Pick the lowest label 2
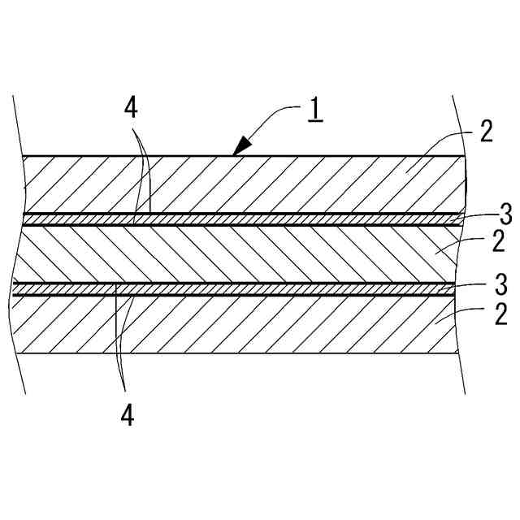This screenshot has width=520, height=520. coord(485,314)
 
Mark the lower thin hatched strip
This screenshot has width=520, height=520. coord(244,288)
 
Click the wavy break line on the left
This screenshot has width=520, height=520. coord(15,244)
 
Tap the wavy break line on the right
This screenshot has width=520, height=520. coord(466,244)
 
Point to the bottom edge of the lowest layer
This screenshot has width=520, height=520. coord(244,353)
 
